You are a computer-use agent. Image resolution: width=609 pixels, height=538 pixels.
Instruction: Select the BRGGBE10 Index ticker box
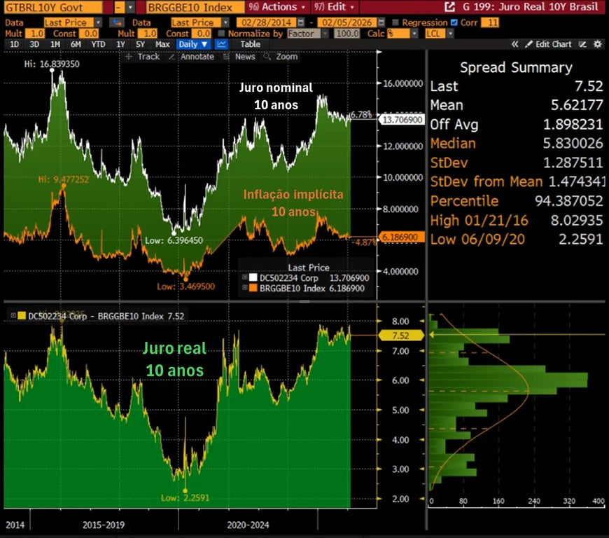(x=189, y=8)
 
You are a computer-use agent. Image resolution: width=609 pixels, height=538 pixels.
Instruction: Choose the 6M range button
(x=76, y=44)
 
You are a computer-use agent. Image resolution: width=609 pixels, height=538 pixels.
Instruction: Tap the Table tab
(x=250, y=44)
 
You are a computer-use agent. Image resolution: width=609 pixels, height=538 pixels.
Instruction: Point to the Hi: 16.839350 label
(x=52, y=64)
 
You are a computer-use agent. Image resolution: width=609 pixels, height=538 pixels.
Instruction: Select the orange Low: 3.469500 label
(x=185, y=286)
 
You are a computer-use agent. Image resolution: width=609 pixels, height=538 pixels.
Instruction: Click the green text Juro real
(x=174, y=348)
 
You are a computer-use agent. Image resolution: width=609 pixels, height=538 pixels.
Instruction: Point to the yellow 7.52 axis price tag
(x=400, y=336)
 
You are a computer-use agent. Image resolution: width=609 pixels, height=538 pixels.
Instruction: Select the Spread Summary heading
(x=516, y=68)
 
